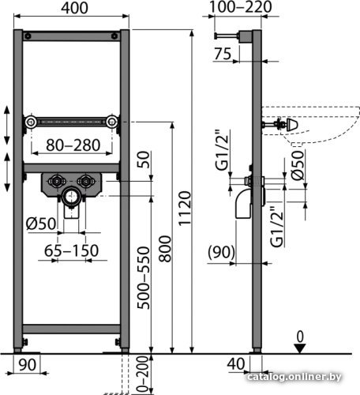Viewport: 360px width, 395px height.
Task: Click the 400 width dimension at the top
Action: [x=74, y=8]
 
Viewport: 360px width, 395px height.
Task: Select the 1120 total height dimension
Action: [x=185, y=208]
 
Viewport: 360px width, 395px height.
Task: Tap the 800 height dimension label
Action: [x=165, y=249]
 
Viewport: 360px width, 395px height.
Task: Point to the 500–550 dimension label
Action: [x=144, y=277]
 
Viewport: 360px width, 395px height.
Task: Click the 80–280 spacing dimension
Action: [x=73, y=145]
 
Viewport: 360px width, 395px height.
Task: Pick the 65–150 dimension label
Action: [x=71, y=250]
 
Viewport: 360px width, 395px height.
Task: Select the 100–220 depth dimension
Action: [x=240, y=7]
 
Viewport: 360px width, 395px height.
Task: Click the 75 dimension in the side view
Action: [x=223, y=54]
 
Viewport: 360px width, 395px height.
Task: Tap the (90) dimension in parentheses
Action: [x=221, y=252]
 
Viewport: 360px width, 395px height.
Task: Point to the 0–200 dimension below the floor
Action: [x=144, y=374]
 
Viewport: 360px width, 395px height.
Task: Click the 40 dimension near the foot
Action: [x=236, y=364]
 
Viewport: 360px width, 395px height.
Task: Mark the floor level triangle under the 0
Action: [x=300, y=348]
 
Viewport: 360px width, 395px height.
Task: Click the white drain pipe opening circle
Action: [x=70, y=196]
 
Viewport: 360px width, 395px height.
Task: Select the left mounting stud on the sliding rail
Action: [x=32, y=122]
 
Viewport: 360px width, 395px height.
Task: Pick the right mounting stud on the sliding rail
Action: [x=112, y=122]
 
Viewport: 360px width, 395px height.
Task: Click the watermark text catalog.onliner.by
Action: [x=294, y=377]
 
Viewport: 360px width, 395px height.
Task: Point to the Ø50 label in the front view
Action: [x=41, y=224]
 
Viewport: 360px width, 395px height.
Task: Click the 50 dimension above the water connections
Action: [x=144, y=160]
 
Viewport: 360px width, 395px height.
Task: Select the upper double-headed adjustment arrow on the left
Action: [x=7, y=125]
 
